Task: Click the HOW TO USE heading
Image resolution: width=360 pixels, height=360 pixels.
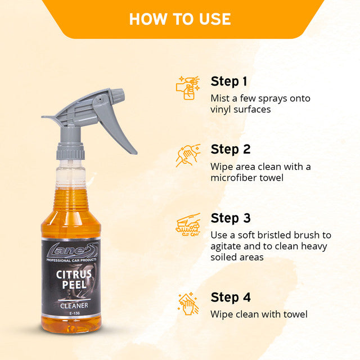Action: click(180, 19)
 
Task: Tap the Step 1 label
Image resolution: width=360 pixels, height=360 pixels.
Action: click(229, 81)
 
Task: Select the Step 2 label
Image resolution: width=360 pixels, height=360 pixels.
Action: click(231, 149)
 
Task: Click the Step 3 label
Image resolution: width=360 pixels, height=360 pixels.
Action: click(231, 218)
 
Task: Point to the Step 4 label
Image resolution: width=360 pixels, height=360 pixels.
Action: click(231, 296)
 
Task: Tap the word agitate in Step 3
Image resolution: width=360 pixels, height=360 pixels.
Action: click(227, 246)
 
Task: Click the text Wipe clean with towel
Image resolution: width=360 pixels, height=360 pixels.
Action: click(259, 314)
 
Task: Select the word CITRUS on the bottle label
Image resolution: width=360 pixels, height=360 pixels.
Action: click(71, 275)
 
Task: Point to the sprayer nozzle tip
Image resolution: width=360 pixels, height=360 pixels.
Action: click(45, 118)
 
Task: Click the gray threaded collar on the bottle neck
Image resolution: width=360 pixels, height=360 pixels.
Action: click(70, 150)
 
